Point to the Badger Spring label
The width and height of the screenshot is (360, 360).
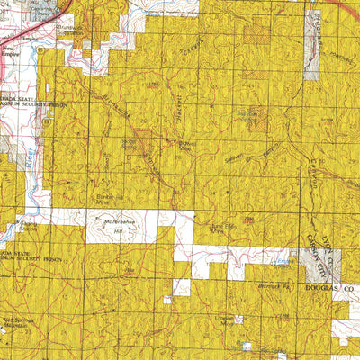coord(131,142)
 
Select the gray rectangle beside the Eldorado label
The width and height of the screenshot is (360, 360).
coord(311,67)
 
